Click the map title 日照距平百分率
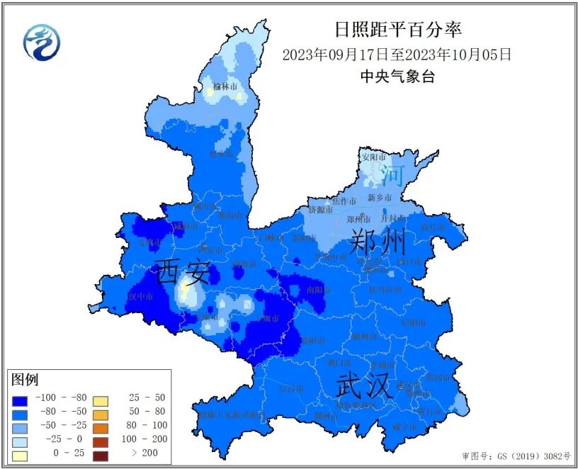click(397, 29)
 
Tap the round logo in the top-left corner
click(42, 42)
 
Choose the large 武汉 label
click(364, 386)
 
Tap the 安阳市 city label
click(373, 157)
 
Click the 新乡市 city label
click(380, 198)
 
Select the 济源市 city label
click(321, 210)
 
